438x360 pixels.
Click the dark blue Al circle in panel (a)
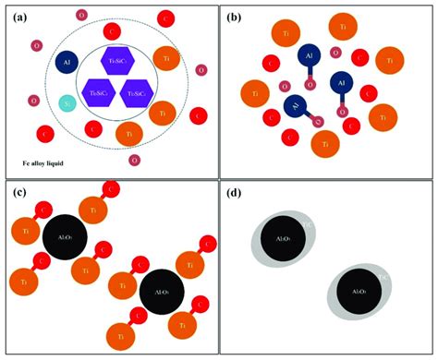[x=67, y=62]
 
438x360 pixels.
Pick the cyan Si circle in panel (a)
[x=67, y=104]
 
